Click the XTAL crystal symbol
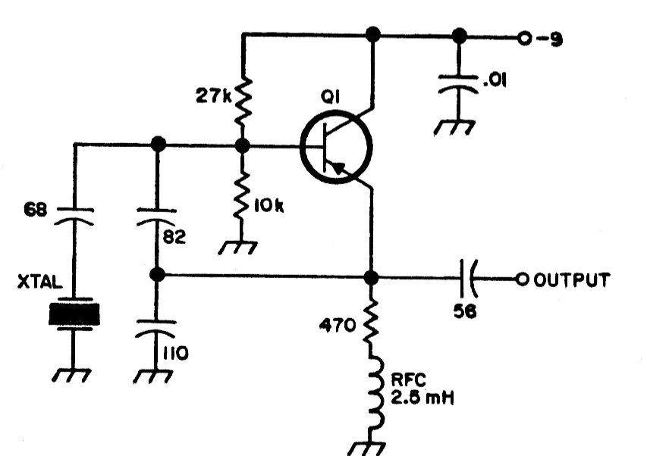click(x=74, y=314)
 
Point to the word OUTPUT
click(x=572, y=280)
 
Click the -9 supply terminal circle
click(x=524, y=39)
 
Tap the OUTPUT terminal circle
click(x=522, y=280)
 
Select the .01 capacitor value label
click(x=494, y=80)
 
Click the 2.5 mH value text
click(x=422, y=398)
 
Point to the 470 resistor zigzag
click(x=371, y=320)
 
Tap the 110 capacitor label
click(x=175, y=353)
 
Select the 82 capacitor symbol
click(x=156, y=217)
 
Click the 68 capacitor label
click(x=35, y=210)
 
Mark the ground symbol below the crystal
click(x=71, y=375)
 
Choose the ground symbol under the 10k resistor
click(x=237, y=248)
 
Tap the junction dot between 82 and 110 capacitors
click(x=157, y=274)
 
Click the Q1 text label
click(x=330, y=98)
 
